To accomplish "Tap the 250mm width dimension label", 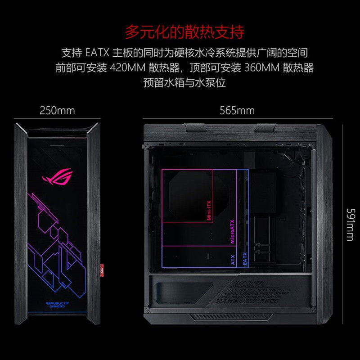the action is (57, 110).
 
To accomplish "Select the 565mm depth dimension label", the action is (237, 110).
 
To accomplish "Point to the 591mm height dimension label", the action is (350, 225).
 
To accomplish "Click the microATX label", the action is (233, 231).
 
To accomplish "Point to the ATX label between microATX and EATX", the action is (233, 260).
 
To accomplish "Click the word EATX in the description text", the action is (95, 53).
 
